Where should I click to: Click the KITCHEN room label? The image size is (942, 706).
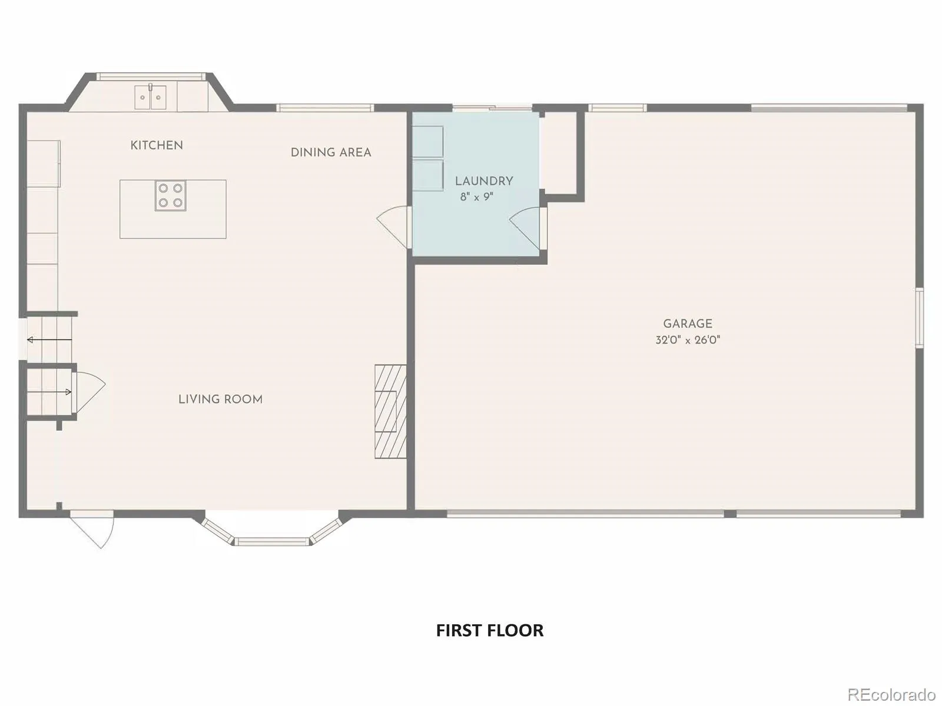point(157,145)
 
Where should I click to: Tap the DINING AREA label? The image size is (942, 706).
point(331,152)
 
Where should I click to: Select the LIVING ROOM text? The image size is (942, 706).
point(221,399)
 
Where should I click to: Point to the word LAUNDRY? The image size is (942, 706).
point(484,181)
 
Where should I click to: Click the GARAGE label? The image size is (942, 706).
point(688,324)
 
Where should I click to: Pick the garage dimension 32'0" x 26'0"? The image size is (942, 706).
point(688,340)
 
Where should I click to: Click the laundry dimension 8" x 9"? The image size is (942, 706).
point(477,197)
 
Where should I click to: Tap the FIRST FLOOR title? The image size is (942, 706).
point(490,630)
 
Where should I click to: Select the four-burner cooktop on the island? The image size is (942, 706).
point(170,195)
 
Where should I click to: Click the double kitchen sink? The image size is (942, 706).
point(150,97)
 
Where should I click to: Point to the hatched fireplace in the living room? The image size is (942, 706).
point(390,411)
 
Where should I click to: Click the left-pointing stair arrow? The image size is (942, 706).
point(49,340)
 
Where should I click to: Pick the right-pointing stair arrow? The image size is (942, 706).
point(49,392)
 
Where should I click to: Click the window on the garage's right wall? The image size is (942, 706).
point(919,318)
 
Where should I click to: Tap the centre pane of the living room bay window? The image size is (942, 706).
point(271,541)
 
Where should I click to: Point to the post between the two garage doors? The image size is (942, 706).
point(730,514)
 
